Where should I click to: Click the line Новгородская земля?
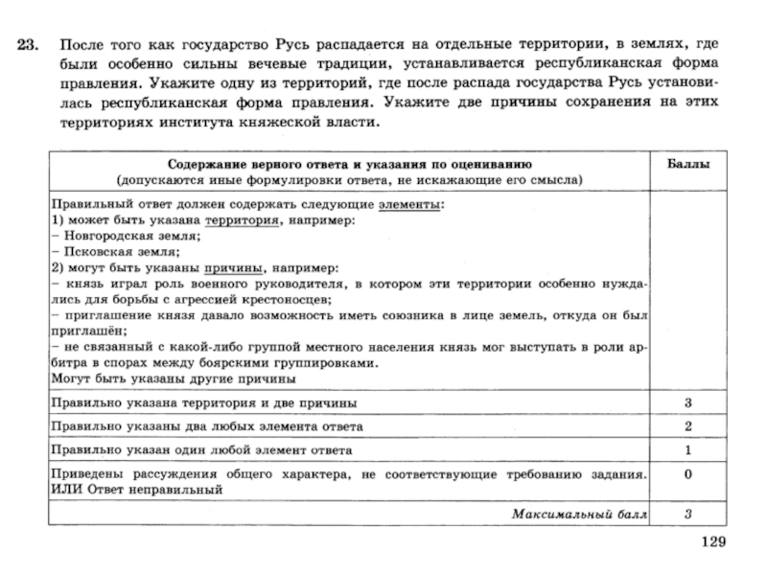tap(126, 236)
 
